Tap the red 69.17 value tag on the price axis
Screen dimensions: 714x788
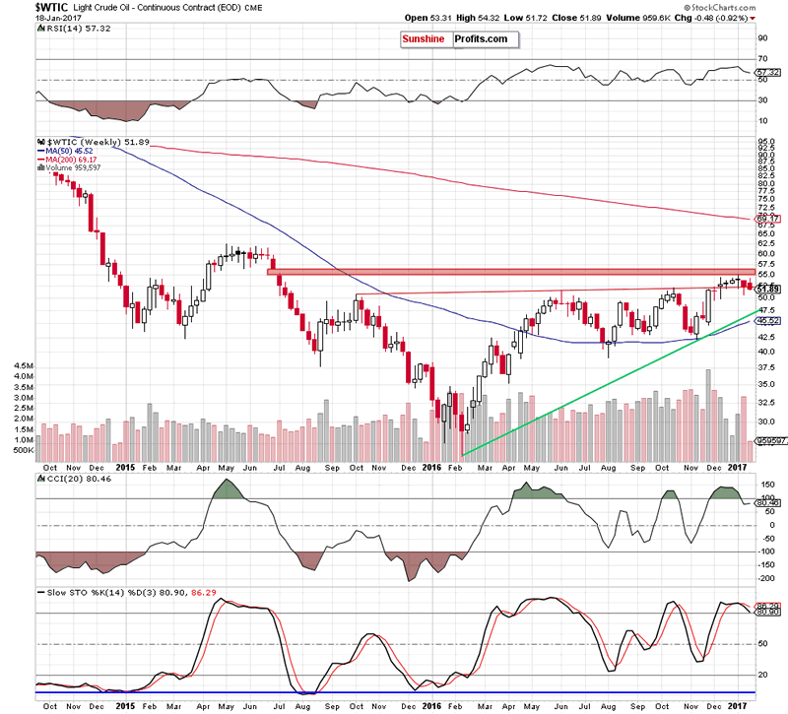click(x=766, y=218)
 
